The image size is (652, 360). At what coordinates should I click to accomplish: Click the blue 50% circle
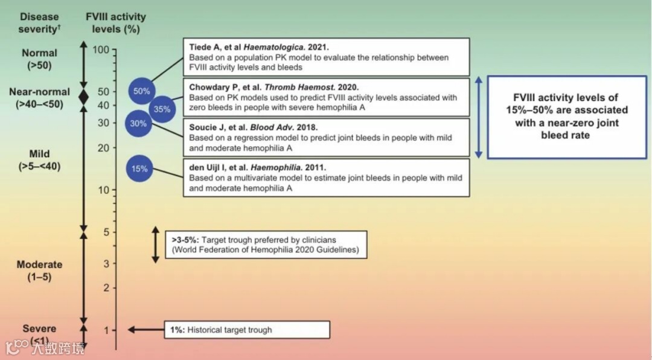coord(142,91)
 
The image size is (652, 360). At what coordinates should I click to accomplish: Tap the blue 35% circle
coord(162,109)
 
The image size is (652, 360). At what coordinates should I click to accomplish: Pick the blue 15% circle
coord(139,169)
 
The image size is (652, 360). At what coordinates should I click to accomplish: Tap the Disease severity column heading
coord(39,23)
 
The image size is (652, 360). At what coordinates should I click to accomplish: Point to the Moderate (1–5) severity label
coord(39,270)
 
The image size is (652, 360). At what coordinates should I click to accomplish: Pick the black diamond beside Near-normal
coord(84,95)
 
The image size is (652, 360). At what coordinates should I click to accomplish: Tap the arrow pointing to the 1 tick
coord(145,330)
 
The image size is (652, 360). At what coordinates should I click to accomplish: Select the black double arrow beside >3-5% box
coord(155,245)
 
